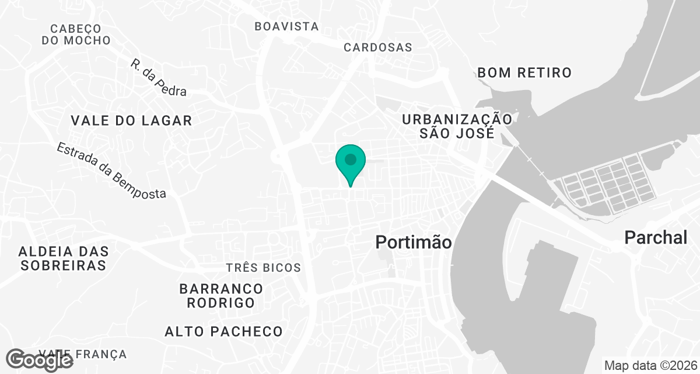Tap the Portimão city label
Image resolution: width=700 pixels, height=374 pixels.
pos(414,242)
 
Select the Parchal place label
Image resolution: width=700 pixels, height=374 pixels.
pos(656,237)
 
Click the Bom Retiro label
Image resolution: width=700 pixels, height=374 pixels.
pos(524,72)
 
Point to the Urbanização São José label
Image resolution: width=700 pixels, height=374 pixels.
pos(457,126)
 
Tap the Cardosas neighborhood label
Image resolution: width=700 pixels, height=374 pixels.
pos(378,47)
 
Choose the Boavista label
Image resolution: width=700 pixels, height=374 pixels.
pos(287,26)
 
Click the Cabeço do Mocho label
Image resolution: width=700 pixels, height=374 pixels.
pos(76,34)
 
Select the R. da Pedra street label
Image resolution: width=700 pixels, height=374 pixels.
pos(159,77)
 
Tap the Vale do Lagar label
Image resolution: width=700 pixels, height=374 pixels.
pos(131,120)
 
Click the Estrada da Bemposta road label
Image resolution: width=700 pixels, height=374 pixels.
pos(111,171)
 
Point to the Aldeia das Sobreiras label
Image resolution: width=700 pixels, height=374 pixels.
pos(64,258)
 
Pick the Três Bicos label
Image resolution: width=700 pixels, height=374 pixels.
pos(264,268)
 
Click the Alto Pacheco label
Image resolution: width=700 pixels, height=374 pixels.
pos(223,331)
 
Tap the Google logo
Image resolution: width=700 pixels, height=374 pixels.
pos(40,360)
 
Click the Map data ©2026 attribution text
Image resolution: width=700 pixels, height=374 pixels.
pos(650,366)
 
